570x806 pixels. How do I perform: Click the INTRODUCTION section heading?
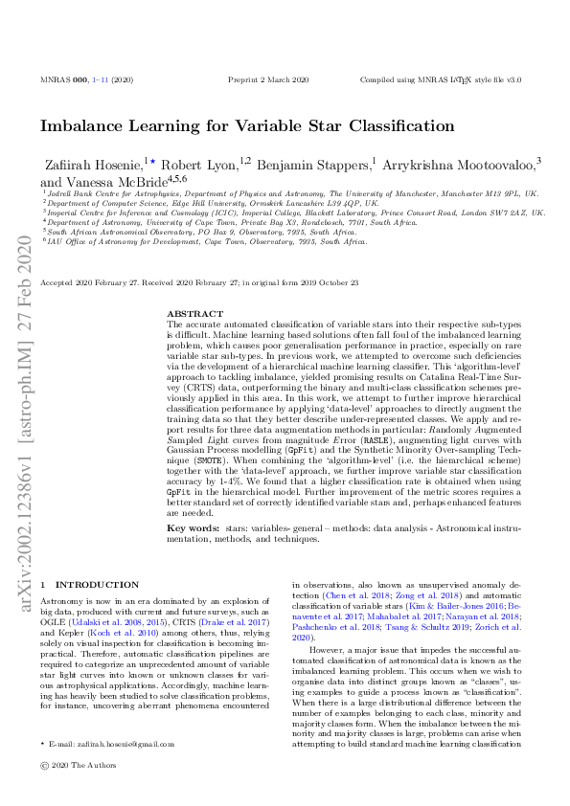point(97,584)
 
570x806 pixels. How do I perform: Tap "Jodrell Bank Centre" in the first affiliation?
point(81,193)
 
